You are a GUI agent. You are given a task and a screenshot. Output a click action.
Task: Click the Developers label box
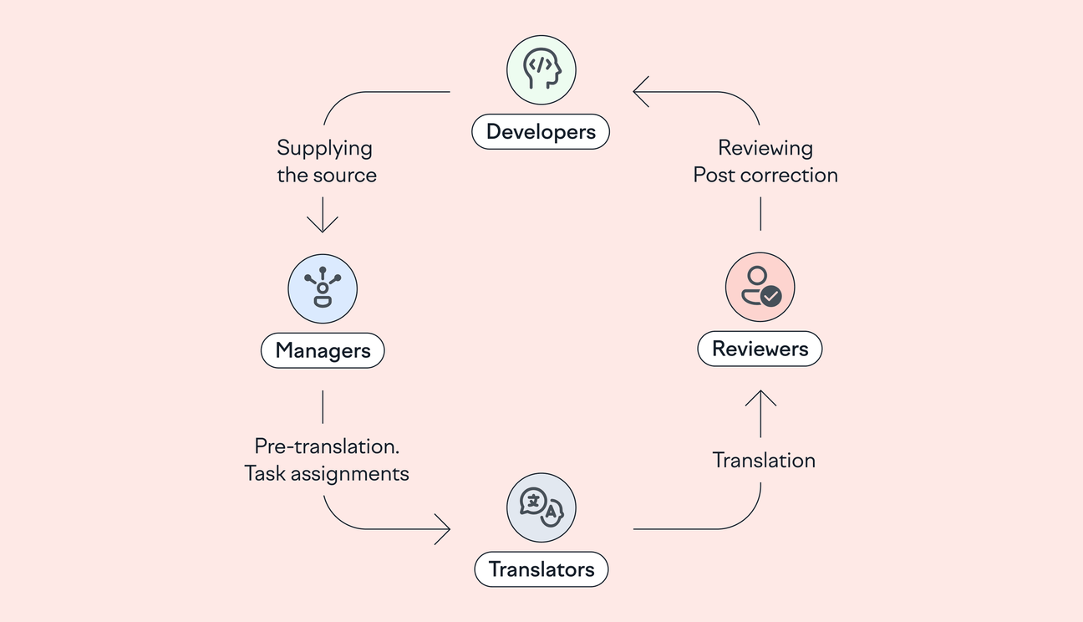point(541,132)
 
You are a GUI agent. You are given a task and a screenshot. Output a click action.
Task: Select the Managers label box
point(323,350)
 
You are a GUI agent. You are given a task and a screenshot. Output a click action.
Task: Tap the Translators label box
point(541,569)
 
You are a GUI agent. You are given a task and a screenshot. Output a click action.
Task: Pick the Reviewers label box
point(760,349)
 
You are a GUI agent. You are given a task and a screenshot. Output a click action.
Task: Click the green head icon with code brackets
point(541,69)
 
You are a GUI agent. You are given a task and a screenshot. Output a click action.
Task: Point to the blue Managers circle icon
point(323,289)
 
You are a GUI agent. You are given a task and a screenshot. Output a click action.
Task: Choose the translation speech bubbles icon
point(541,507)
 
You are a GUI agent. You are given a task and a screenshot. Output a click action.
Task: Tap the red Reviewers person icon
point(760,287)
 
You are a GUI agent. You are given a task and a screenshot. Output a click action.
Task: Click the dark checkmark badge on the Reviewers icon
point(771,295)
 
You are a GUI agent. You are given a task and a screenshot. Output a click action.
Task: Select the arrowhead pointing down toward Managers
point(323,223)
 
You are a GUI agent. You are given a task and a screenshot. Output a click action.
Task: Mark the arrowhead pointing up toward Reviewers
point(760,399)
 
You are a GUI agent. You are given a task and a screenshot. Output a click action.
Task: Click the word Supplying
point(324,149)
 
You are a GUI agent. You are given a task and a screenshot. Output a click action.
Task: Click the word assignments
point(355,473)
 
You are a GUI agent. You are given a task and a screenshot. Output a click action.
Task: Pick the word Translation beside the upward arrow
point(764,460)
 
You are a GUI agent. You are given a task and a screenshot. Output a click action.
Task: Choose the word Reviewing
point(765,149)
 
